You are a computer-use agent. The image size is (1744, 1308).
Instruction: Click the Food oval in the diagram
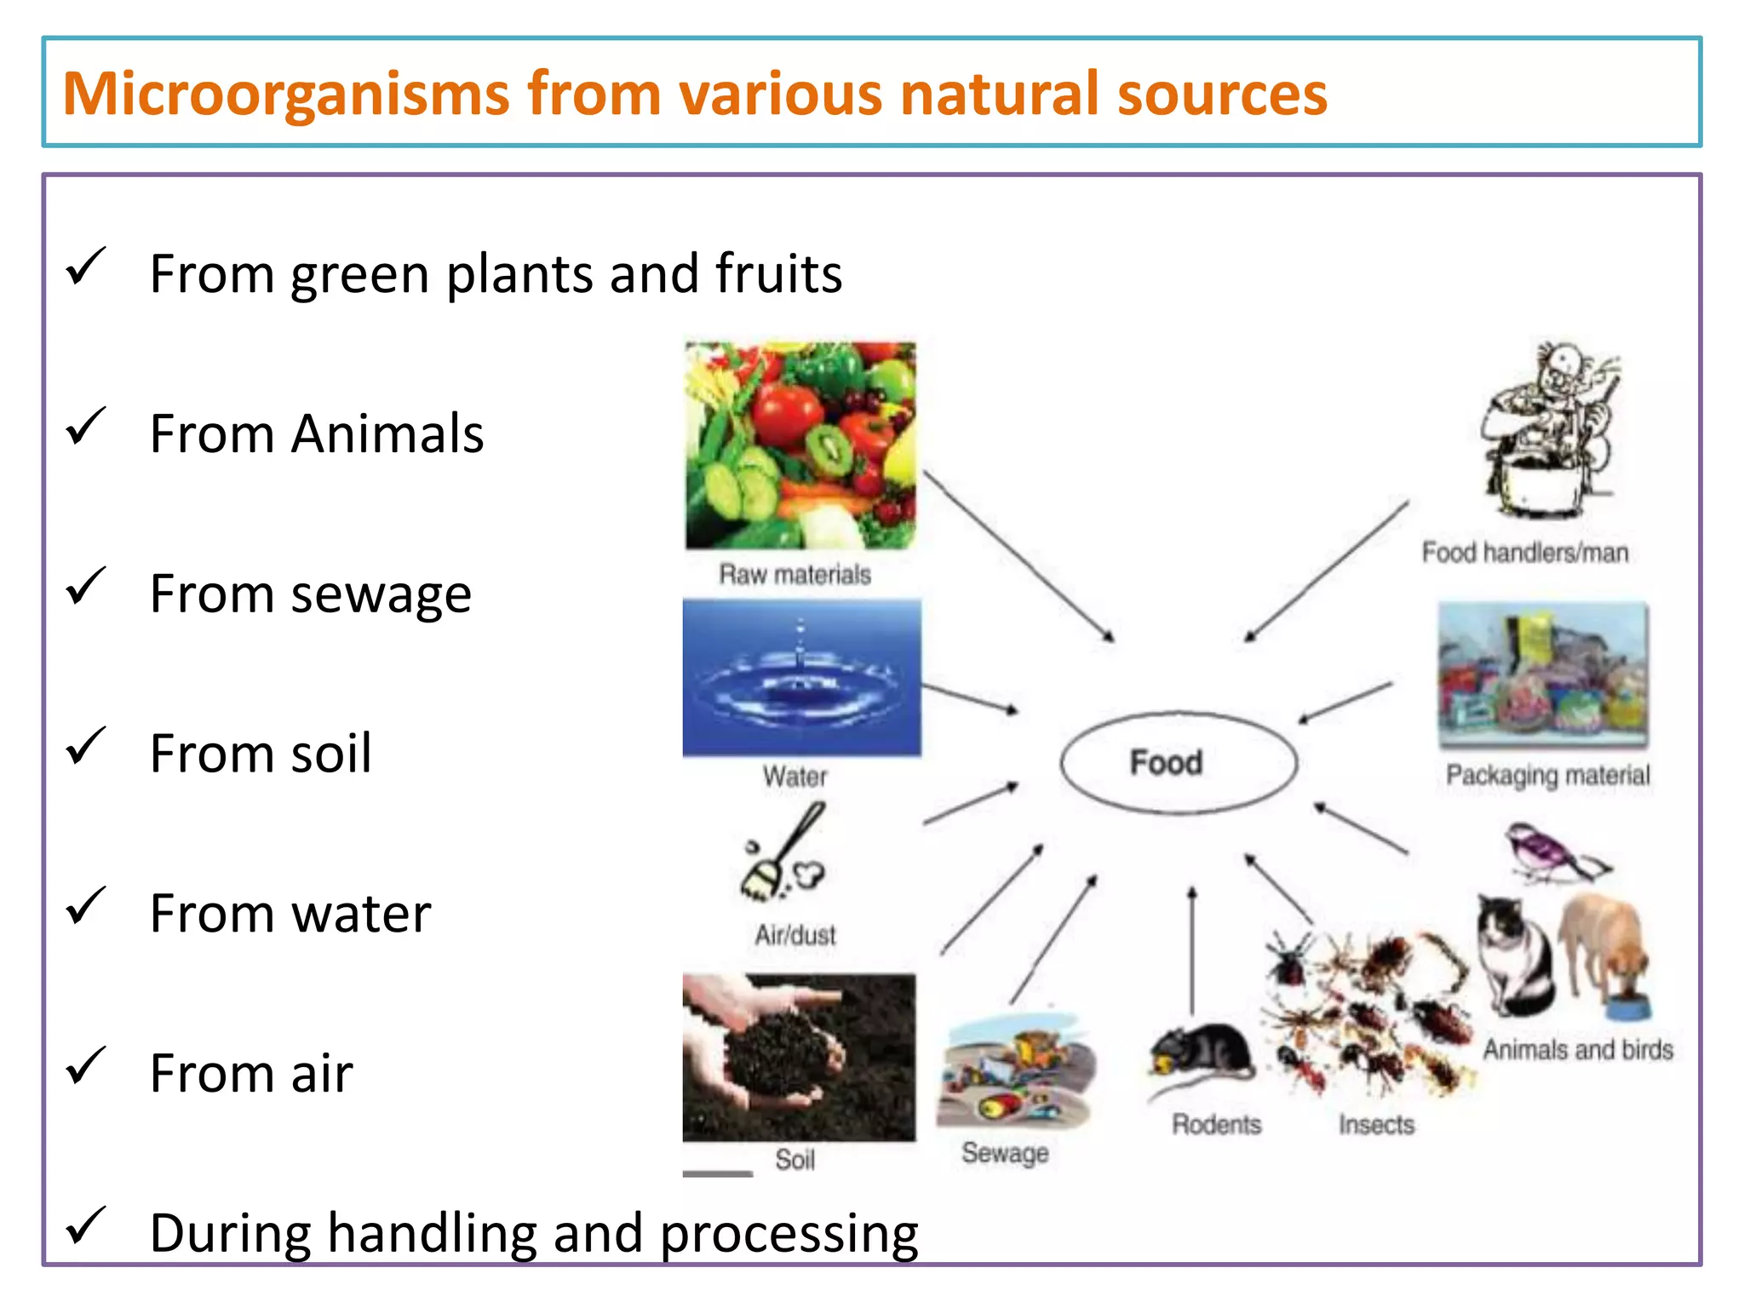pos(1178,762)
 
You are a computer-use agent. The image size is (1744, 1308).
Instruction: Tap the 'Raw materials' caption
pos(795,575)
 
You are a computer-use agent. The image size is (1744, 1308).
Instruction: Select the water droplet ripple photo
pos(800,677)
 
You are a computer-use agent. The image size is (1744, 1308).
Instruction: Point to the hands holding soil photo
pos(799,1058)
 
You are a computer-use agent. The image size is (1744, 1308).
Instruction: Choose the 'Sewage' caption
pos(1005,1153)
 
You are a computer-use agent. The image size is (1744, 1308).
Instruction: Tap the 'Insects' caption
pos(1376,1125)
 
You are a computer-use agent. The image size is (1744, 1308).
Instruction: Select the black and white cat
pos(1516,954)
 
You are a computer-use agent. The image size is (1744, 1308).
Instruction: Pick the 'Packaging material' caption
pos(1547,775)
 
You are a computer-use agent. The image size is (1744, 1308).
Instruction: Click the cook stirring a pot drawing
pos(1550,430)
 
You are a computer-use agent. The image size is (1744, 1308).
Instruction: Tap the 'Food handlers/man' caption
pos(1524,553)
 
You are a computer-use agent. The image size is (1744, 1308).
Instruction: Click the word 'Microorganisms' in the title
pos(286,94)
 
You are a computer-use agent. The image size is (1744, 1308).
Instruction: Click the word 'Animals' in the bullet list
pos(387,434)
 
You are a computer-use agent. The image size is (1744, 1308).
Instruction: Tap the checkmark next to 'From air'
pos(85,1065)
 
